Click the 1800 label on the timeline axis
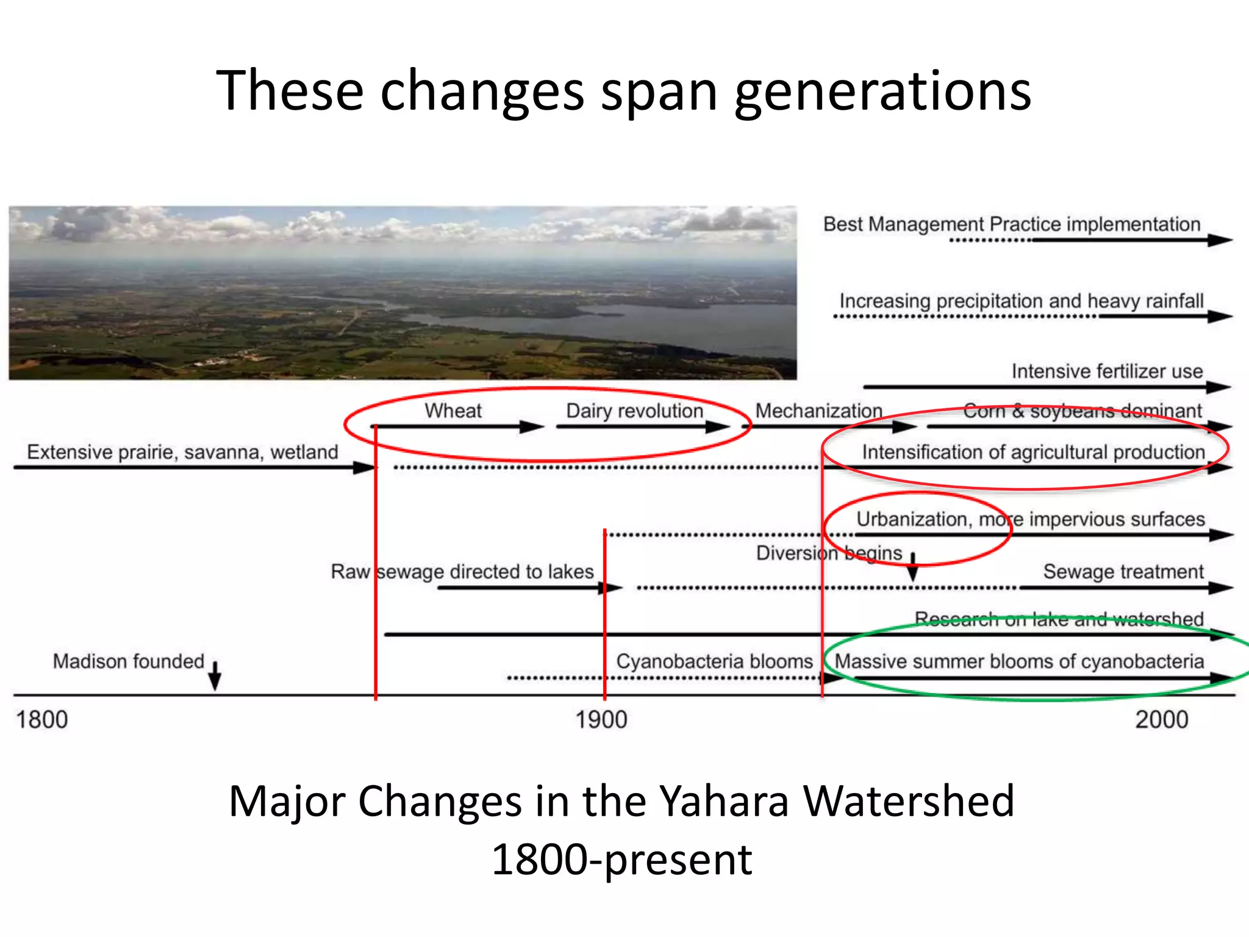pyautogui.click(x=41, y=720)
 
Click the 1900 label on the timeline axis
pyautogui.click(x=601, y=720)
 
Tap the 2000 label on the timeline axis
pyautogui.click(x=1161, y=720)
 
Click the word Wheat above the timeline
pyautogui.click(x=453, y=411)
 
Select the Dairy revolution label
pyautogui.click(x=634, y=411)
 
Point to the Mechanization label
pyautogui.click(x=818, y=411)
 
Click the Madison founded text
pyautogui.click(x=128, y=661)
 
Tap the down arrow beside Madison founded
pyautogui.click(x=215, y=675)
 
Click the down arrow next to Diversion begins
pyautogui.click(x=912, y=568)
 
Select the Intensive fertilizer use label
pyautogui.click(x=1107, y=371)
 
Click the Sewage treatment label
pyautogui.click(x=1123, y=572)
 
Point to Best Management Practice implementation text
pyautogui.click(x=1011, y=224)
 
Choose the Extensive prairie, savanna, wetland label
pyautogui.click(x=182, y=452)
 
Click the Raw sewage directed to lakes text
pyautogui.click(x=462, y=572)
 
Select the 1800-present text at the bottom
pyautogui.click(x=621, y=859)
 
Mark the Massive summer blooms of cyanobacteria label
pyautogui.click(x=1018, y=661)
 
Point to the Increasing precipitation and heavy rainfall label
pyautogui.click(x=1021, y=301)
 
